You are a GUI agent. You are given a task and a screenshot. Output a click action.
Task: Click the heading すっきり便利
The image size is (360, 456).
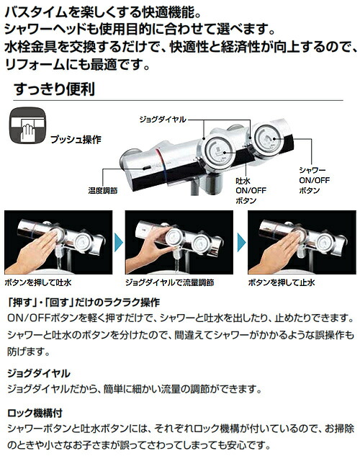point(54,91)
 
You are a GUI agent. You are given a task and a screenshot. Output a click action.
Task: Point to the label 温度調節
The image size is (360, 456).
point(97,192)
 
